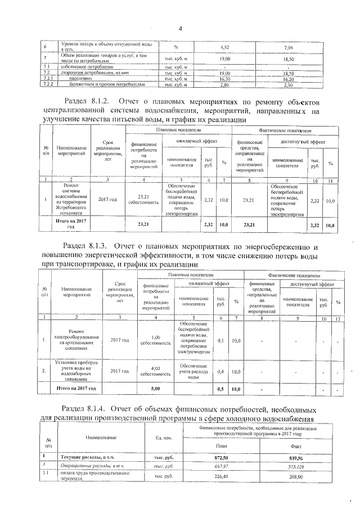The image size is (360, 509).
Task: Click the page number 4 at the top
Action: pos(181,29)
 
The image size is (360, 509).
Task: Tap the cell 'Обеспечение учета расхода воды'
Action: pos(193,371)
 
